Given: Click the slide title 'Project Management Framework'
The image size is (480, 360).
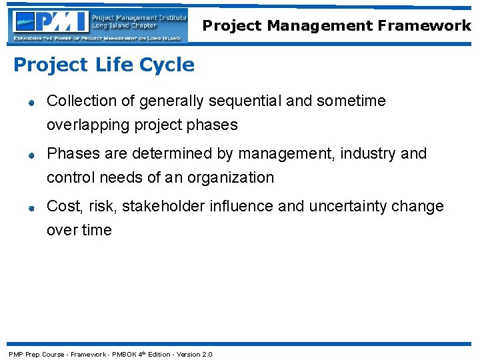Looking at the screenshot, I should [x=337, y=26].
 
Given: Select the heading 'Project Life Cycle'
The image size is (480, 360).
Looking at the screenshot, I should [x=104, y=65].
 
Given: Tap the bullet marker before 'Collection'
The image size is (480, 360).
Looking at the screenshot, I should [x=31, y=103].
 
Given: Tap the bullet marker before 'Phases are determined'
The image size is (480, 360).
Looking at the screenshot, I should [x=31, y=155].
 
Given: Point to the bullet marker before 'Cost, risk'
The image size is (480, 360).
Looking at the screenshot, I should [x=31, y=208].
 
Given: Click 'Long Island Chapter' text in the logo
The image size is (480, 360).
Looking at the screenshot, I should [x=125, y=26].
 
